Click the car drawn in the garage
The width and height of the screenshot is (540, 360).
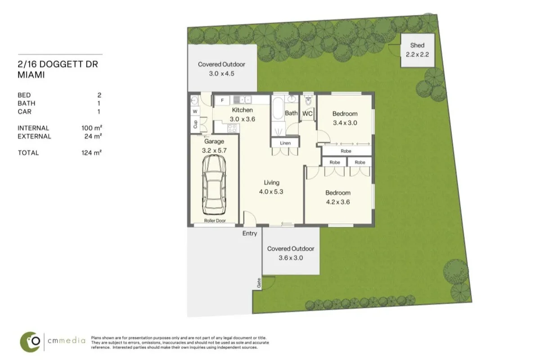point(214,185)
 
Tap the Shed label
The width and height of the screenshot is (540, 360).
point(417,45)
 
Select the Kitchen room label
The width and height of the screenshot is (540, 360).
point(242,110)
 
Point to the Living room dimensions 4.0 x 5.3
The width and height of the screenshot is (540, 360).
point(271,191)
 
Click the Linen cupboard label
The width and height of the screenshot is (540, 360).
point(285,143)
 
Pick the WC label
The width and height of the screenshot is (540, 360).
point(307,114)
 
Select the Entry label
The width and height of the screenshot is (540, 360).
point(250,233)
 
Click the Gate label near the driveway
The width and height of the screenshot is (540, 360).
point(259,283)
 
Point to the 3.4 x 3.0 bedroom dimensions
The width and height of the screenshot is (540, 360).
point(345,122)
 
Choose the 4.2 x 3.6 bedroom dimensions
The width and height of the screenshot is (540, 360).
point(338,202)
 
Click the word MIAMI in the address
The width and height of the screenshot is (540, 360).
point(31,75)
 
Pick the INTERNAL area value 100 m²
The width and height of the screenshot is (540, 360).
point(92,128)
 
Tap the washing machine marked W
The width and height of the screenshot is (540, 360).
point(195,111)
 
